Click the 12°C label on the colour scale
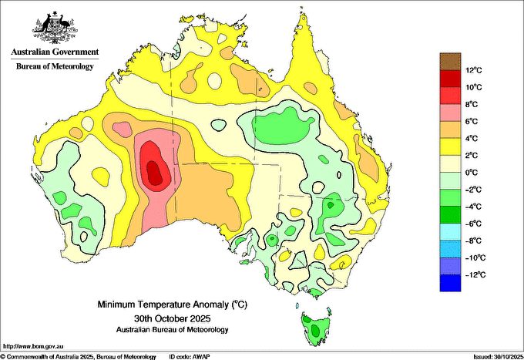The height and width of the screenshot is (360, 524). click(x=474, y=70)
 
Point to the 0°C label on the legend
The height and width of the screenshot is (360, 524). click(x=472, y=173)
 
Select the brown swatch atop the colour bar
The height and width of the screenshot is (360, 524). click(x=450, y=61)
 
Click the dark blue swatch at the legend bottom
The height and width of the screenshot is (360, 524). click(x=450, y=283)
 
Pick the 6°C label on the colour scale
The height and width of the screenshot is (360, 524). click(x=472, y=121)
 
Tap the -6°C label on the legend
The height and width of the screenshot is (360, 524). click(x=474, y=224)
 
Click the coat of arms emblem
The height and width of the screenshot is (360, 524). click(x=55, y=28)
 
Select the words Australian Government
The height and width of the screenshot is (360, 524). click(x=55, y=52)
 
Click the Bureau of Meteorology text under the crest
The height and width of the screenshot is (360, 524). click(x=55, y=66)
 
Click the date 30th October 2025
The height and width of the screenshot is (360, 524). click(x=173, y=318)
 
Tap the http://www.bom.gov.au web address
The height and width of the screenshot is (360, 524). click(x=33, y=346)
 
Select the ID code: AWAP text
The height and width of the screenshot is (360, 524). click(x=190, y=357)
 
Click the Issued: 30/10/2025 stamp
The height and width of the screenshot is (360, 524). click(x=498, y=357)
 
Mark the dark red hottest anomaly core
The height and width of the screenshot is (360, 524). click(x=155, y=173)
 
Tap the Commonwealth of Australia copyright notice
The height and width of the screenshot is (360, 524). click(x=79, y=357)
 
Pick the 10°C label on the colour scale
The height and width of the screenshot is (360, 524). click(x=474, y=87)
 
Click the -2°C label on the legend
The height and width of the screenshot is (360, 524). click(x=474, y=190)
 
